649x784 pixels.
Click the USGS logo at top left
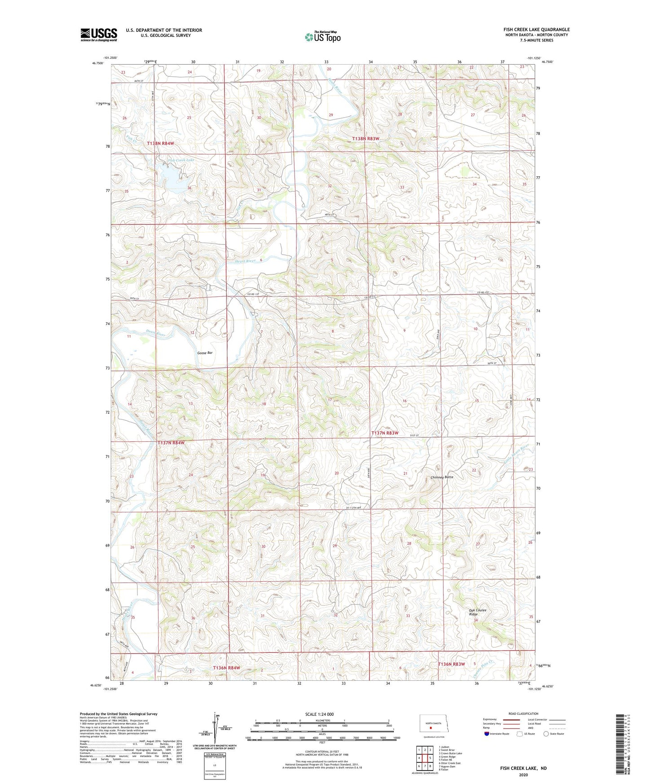click(99, 35)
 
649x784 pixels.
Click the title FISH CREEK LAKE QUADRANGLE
click(536, 30)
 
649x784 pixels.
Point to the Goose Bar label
click(205, 353)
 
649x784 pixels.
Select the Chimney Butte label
click(442, 477)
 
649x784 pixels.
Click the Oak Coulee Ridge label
click(477, 612)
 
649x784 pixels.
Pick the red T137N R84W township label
click(171, 443)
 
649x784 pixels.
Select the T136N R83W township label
click(451, 664)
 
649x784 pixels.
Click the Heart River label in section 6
click(245, 261)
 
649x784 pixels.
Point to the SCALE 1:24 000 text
click(319, 714)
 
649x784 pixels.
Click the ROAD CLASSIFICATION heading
click(523, 714)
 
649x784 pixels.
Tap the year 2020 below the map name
click(523, 775)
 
